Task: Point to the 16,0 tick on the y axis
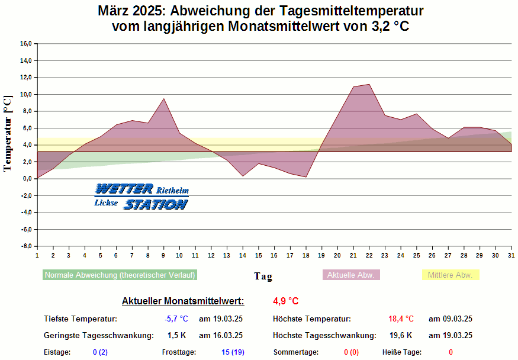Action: [25, 43]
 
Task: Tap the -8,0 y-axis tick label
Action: [25, 246]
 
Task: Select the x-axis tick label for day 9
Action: [163, 255]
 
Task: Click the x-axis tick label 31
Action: [511, 255]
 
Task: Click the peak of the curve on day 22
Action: [369, 84]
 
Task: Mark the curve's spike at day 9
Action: [163, 99]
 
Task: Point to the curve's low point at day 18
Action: [305, 176]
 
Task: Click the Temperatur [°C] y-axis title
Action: [8, 134]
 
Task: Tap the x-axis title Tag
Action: [263, 276]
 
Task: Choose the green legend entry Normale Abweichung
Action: [120, 275]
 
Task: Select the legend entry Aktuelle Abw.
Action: [351, 275]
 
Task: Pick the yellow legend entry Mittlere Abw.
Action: [450, 275]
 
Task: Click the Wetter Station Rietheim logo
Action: [141, 197]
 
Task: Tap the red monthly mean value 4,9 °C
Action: [286, 301]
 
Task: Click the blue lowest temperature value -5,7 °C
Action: [176, 319]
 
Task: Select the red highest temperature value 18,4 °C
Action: [401, 319]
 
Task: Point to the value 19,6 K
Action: [401, 336]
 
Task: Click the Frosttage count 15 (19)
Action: [232, 352]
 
